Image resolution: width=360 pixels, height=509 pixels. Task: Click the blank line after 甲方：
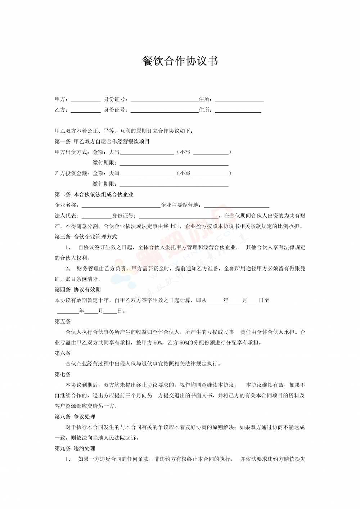pos(86,100)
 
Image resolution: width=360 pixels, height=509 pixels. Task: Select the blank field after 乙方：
pos(86,110)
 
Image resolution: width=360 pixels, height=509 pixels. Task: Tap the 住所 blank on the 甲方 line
pos(239,100)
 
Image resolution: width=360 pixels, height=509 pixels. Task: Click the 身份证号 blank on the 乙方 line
pos(164,110)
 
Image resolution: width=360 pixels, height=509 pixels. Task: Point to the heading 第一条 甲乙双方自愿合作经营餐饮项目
pos(102,141)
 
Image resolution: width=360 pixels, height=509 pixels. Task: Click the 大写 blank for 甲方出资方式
pos(147,152)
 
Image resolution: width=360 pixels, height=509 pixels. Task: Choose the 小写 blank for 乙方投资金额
pos(210,174)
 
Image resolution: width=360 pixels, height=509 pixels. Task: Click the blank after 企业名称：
pos(121,205)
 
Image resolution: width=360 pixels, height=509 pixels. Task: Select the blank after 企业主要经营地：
pos(237,205)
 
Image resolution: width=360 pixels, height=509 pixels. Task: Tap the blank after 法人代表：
pos(96,216)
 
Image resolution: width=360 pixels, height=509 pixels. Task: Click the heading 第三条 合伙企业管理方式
pos(86,237)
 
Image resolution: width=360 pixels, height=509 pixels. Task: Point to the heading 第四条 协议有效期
pos(78,290)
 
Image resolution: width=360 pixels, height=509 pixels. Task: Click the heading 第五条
pos(63,321)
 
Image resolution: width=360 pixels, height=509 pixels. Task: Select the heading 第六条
pos(63,353)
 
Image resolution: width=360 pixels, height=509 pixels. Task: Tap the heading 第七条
pos(63,374)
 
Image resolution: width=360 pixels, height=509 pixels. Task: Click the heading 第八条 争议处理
pos(75,417)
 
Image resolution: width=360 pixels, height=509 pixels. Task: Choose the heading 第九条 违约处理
pos(75,449)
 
